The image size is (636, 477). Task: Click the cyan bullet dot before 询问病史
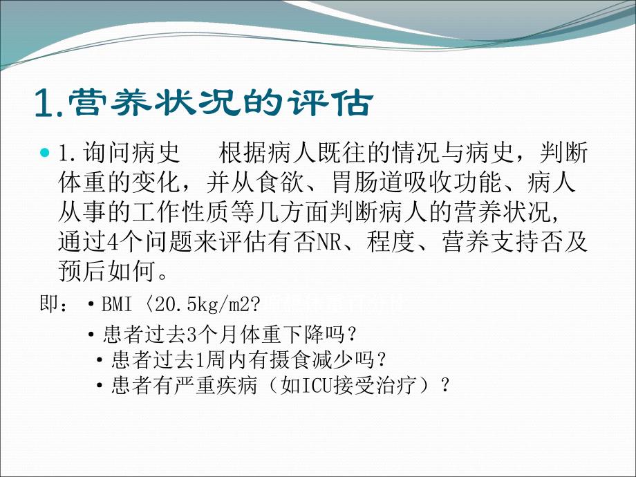tap(46, 153)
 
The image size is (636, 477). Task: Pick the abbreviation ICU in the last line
tap(310, 385)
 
